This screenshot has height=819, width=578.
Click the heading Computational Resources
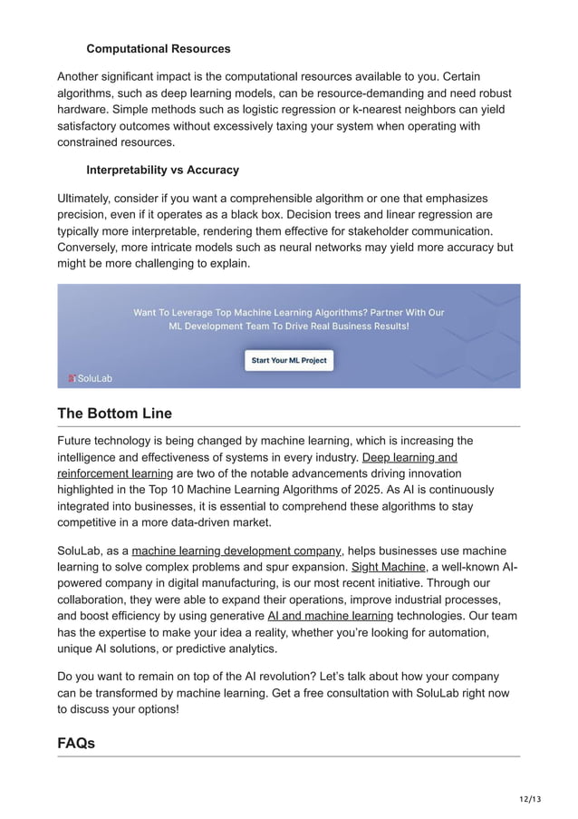[x=158, y=48]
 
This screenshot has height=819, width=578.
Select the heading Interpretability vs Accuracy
[x=162, y=170]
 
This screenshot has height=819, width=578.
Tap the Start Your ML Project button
[x=289, y=360]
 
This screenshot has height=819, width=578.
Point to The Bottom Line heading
[x=114, y=414]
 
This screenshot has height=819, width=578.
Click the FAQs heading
[x=76, y=743]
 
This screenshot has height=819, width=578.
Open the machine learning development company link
[x=236, y=551]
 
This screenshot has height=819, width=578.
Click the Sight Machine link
[x=387, y=567]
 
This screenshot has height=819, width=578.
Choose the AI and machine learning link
[x=331, y=615]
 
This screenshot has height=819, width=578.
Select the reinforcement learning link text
[x=115, y=473]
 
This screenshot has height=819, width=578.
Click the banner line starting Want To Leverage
[x=289, y=312]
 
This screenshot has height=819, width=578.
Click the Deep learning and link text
[x=409, y=457]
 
